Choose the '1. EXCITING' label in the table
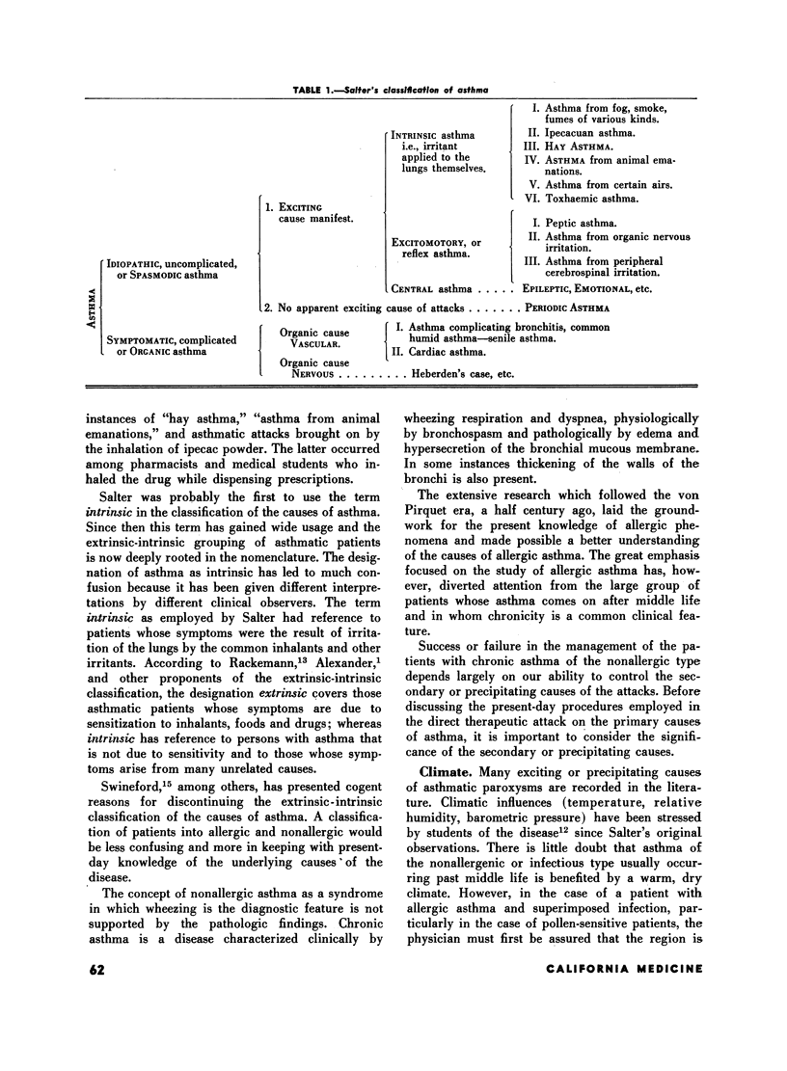[292, 206]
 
